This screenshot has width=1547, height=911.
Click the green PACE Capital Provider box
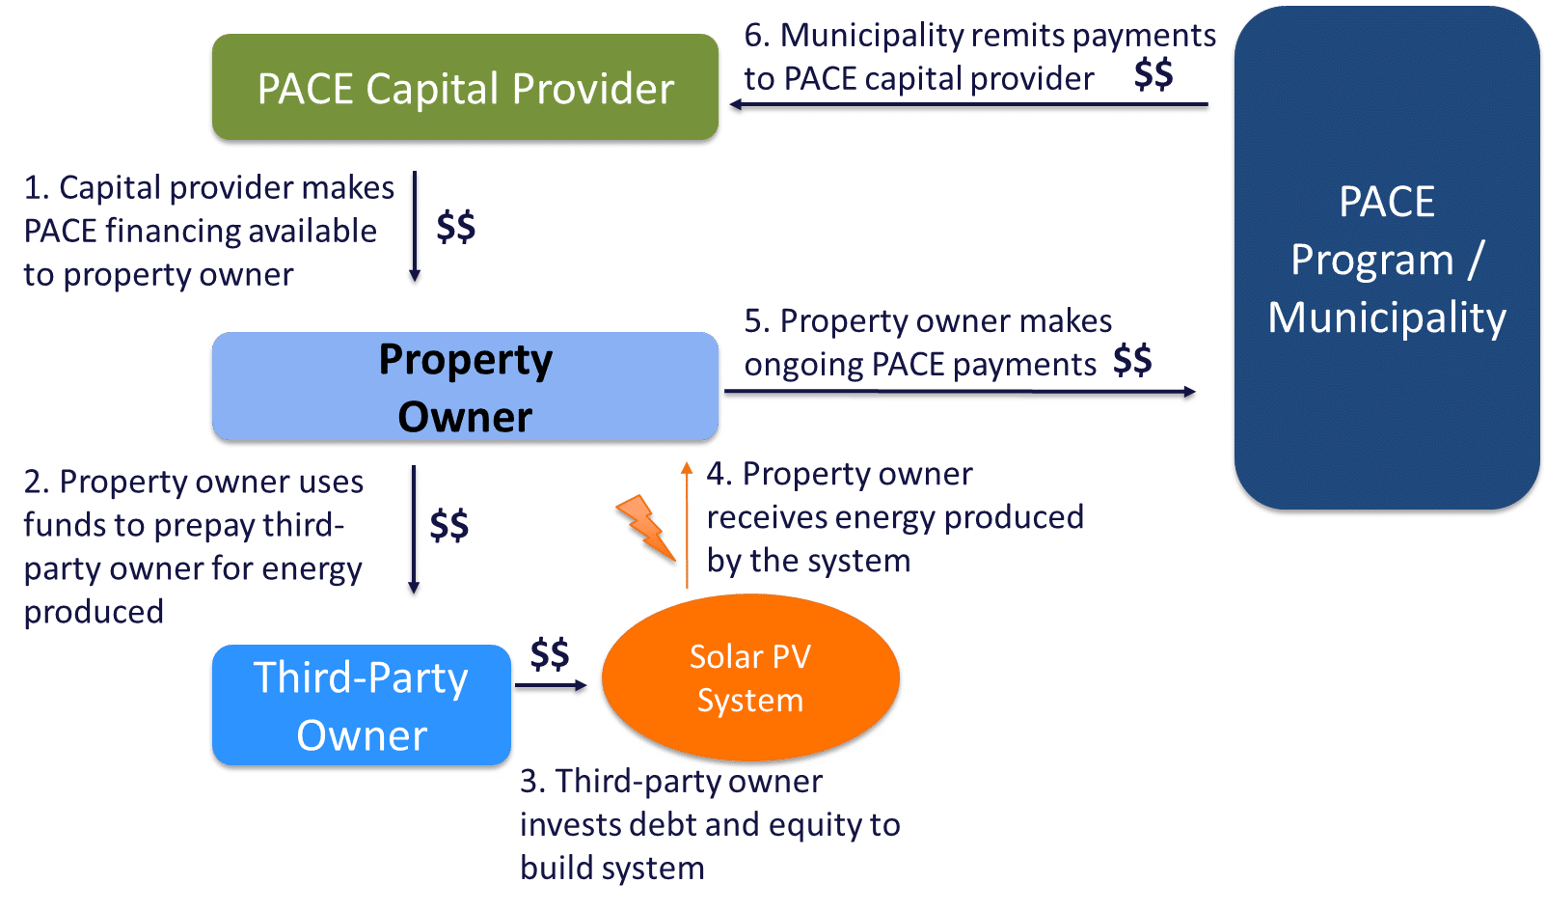pyautogui.click(x=465, y=89)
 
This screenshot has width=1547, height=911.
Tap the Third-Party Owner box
pyautogui.click(x=361, y=705)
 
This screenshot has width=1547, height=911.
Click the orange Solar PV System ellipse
pyautogui.click(x=750, y=677)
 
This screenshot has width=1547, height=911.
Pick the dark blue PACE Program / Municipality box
pyautogui.click(x=1386, y=259)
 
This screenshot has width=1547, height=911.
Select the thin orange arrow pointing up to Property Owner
pyautogui.click(x=687, y=526)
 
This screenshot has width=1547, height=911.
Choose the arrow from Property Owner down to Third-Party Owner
pyautogui.click(x=415, y=532)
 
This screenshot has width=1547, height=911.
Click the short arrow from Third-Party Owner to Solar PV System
pyautogui.click(x=551, y=687)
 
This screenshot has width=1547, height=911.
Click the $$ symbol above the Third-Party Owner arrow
pyautogui.click(x=550, y=653)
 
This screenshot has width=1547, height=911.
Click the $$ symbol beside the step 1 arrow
pyautogui.click(x=455, y=227)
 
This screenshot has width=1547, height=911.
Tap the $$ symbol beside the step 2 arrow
pyautogui.click(x=449, y=525)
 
